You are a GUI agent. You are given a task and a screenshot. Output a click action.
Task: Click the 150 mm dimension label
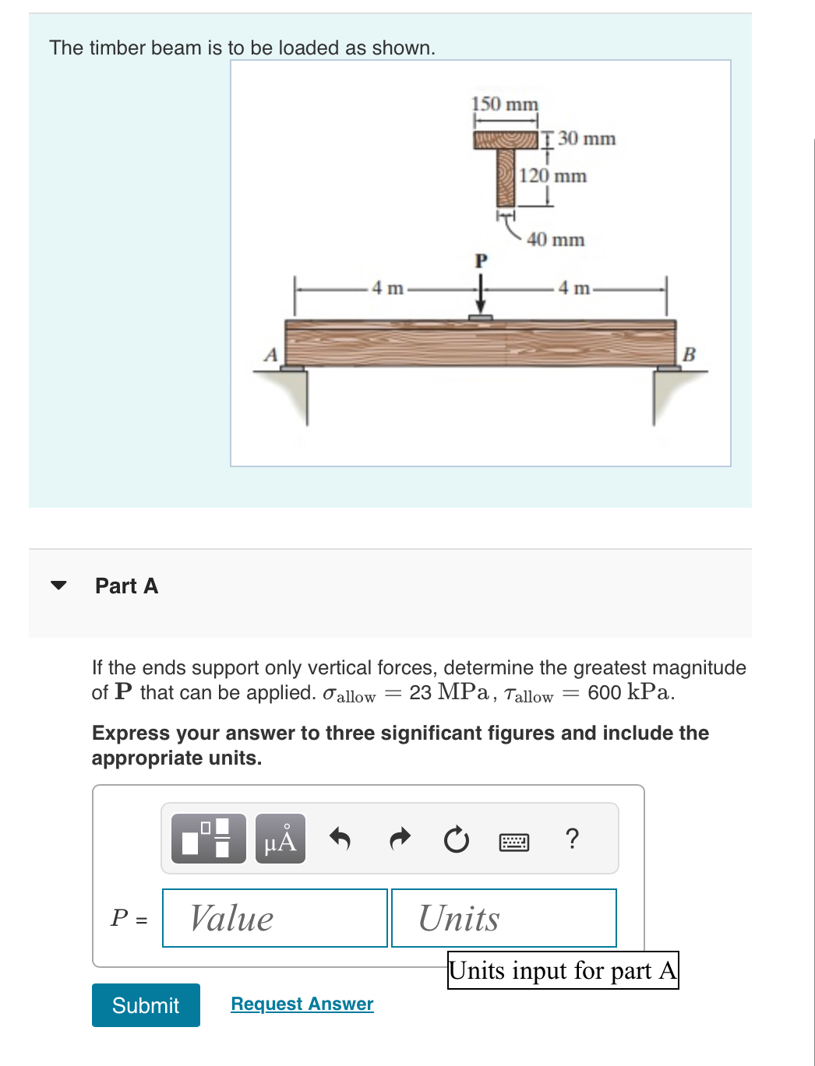(x=504, y=104)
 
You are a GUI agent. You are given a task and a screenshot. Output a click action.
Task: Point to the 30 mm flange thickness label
(x=586, y=139)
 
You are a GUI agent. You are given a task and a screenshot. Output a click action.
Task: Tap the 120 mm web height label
(x=552, y=176)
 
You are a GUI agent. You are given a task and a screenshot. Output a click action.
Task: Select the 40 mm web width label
(x=555, y=240)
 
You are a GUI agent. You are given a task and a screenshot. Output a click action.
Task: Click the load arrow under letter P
(x=481, y=297)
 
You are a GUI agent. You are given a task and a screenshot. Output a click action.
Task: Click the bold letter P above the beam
(x=481, y=261)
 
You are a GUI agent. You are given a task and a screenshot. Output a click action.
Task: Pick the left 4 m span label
(x=387, y=288)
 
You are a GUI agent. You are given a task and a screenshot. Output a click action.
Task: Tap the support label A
(x=270, y=355)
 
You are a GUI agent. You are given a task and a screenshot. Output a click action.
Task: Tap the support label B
(x=688, y=355)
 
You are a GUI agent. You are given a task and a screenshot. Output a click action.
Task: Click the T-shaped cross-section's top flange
(x=506, y=140)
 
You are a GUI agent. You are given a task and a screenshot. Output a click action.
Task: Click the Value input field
(x=275, y=918)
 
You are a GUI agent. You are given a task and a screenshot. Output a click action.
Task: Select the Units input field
(x=503, y=918)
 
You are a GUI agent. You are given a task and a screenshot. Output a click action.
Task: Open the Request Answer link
(x=302, y=1004)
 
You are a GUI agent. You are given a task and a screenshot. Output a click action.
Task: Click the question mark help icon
(x=572, y=839)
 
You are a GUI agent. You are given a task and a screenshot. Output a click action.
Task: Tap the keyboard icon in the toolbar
(x=513, y=842)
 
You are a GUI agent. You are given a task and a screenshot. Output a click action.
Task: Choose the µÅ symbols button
(x=280, y=839)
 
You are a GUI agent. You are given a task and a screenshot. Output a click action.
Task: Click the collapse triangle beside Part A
(x=58, y=586)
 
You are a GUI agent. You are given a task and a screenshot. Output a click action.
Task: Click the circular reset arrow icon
(x=456, y=840)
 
